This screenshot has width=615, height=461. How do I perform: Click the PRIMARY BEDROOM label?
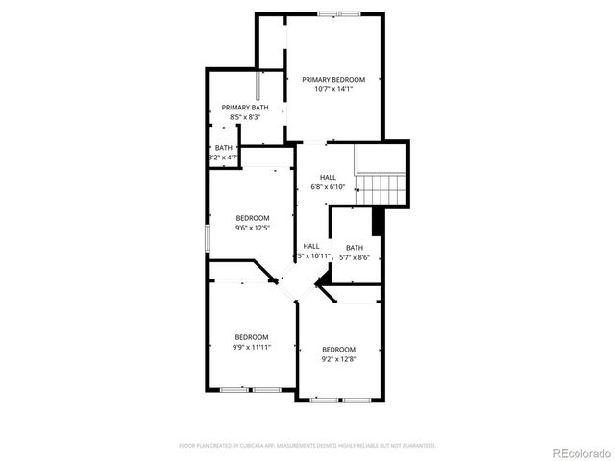(x=333, y=79)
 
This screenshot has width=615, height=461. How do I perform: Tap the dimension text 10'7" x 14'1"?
(x=333, y=89)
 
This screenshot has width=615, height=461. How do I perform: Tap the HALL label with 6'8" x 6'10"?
(x=328, y=177)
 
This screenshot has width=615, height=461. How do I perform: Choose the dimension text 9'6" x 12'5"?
(x=253, y=229)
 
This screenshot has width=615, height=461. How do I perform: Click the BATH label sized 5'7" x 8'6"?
(x=355, y=247)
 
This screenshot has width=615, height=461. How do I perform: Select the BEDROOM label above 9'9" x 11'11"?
(x=252, y=336)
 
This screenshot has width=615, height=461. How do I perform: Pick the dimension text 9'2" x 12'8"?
(x=338, y=360)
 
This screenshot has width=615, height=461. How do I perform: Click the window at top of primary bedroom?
(x=340, y=13)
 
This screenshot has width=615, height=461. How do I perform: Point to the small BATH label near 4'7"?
(x=223, y=147)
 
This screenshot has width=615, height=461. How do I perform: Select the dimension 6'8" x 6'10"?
(x=328, y=187)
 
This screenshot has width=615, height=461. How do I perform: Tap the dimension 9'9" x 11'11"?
(x=252, y=347)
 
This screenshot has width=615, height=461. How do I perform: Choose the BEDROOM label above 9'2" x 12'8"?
(x=338, y=349)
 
